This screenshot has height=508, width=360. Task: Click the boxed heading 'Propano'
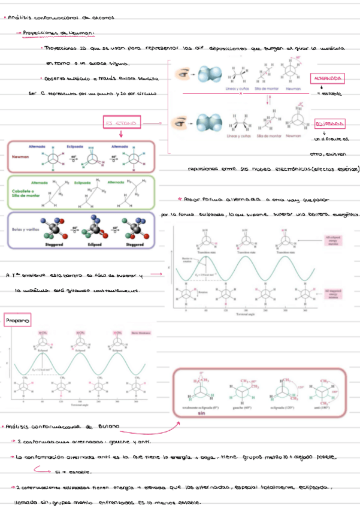17,322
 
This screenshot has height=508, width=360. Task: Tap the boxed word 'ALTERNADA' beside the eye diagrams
327,79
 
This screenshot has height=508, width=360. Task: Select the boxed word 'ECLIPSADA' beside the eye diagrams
330,124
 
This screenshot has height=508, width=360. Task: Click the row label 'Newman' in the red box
21,156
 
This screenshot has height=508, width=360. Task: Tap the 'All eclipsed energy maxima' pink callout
334,241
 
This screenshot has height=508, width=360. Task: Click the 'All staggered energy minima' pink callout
334,293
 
